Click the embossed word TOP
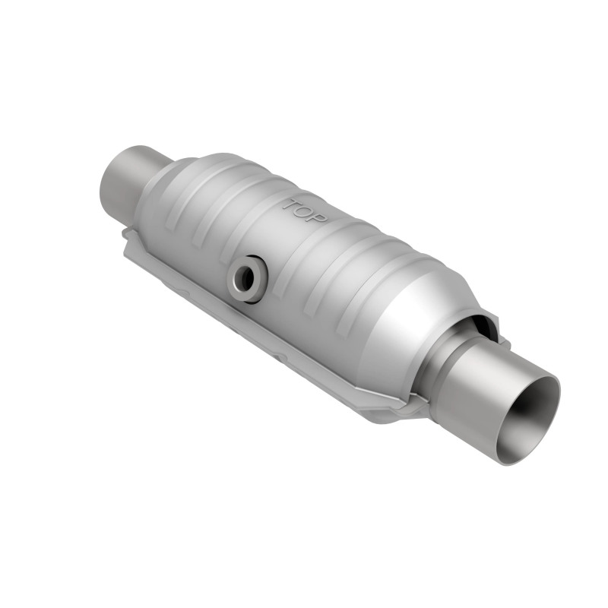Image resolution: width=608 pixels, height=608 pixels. point(305,211)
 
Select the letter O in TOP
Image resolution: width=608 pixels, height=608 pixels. point(305,211)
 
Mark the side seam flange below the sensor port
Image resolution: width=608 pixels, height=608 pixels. point(251,327)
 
